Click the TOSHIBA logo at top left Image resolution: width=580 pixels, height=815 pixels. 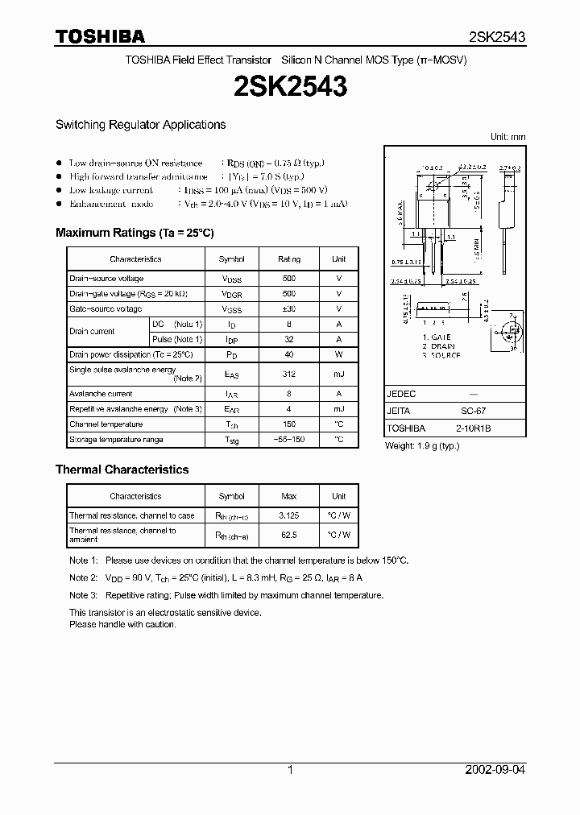tap(100, 36)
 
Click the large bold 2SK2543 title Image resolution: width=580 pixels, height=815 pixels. tap(290, 87)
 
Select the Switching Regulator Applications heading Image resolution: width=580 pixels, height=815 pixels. tap(140, 125)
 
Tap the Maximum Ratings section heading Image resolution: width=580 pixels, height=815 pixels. tap(134, 233)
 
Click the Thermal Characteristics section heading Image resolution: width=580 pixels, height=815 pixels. tap(122, 470)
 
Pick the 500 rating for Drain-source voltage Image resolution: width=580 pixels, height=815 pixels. tap(289, 279)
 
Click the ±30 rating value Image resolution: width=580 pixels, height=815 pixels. tap(289, 309)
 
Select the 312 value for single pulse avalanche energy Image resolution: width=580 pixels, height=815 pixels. tap(289, 374)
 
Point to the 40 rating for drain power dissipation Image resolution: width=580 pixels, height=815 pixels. tap(289, 354)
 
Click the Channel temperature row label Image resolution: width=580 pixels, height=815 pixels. tap(106, 424)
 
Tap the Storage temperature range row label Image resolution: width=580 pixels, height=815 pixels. tap(116, 440)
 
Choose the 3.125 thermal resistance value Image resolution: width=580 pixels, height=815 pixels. tap(289, 515)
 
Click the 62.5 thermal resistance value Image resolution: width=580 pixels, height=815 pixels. tap(289, 534)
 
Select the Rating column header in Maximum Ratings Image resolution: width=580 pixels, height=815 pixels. tap(289, 259)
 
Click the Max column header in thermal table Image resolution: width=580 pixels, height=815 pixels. tap(289, 496)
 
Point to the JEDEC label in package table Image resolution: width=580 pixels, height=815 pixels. tap(401, 394)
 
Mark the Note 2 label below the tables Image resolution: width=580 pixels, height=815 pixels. tap(83, 577)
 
